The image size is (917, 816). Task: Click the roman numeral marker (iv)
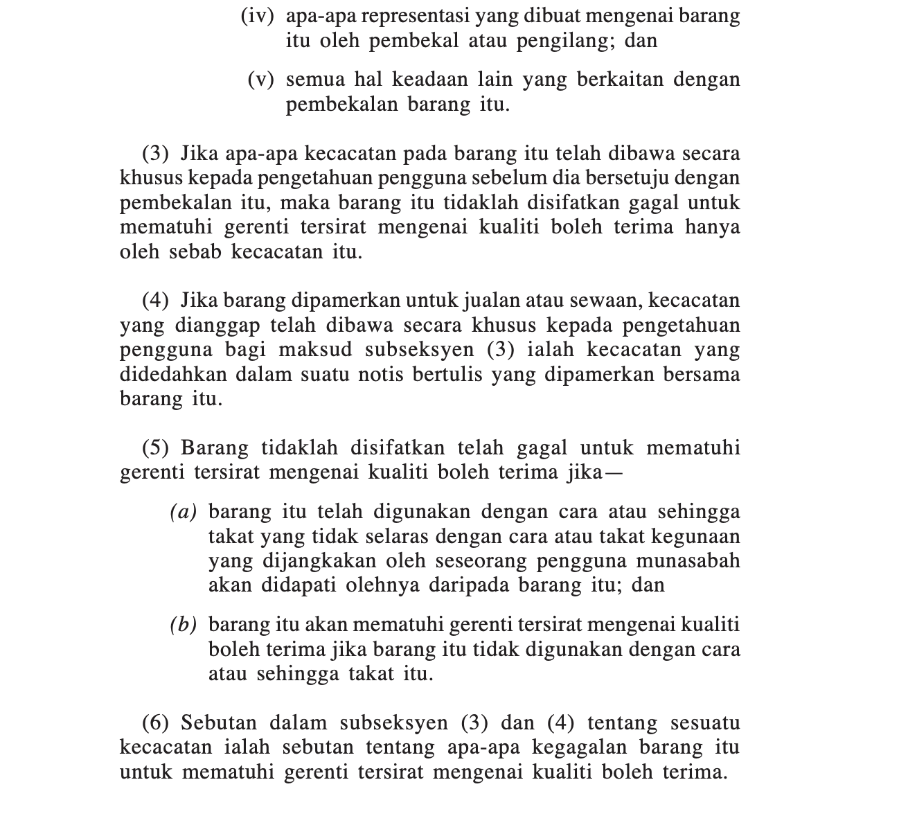(257, 16)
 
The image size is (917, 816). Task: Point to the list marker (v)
(261, 80)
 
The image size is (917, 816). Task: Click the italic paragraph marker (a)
(184, 513)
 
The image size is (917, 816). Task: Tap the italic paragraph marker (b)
(184, 626)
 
